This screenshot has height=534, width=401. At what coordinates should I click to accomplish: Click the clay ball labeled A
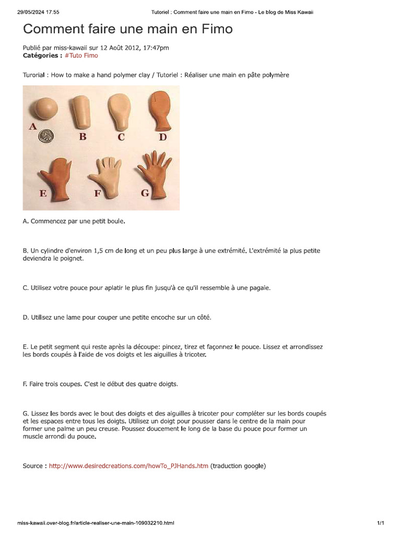coord(45,108)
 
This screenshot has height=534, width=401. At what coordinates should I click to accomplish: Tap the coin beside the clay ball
coord(48,136)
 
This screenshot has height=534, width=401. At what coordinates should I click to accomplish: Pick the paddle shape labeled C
coord(120,113)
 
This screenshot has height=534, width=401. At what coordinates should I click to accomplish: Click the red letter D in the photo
coord(163,137)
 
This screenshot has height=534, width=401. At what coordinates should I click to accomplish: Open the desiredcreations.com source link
coord(128,466)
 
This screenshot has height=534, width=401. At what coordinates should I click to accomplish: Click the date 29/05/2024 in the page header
coord(30,11)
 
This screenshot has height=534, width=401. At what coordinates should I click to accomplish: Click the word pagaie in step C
coord(259,287)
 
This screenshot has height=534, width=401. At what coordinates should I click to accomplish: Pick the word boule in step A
coord(115,221)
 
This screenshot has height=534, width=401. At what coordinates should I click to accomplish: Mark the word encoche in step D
coord(162,317)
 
